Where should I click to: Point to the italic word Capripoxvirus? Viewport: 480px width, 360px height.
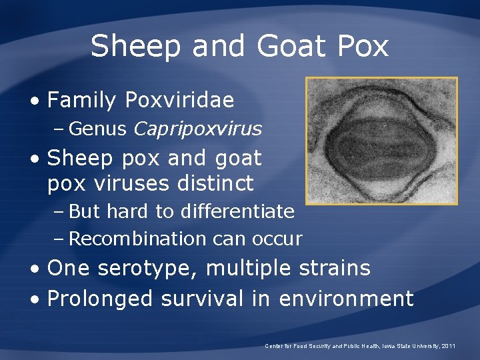(197, 129)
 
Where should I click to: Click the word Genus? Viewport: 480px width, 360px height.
(97, 129)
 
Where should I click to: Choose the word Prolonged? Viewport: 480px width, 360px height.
(101, 299)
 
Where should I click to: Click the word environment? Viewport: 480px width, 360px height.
(346, 299)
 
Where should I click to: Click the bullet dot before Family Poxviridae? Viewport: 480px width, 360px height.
(35, 101)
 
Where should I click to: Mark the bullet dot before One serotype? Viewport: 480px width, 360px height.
(35, 269)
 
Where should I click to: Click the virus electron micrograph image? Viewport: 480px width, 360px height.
(381, 141)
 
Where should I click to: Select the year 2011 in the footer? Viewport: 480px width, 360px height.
(448, 346)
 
